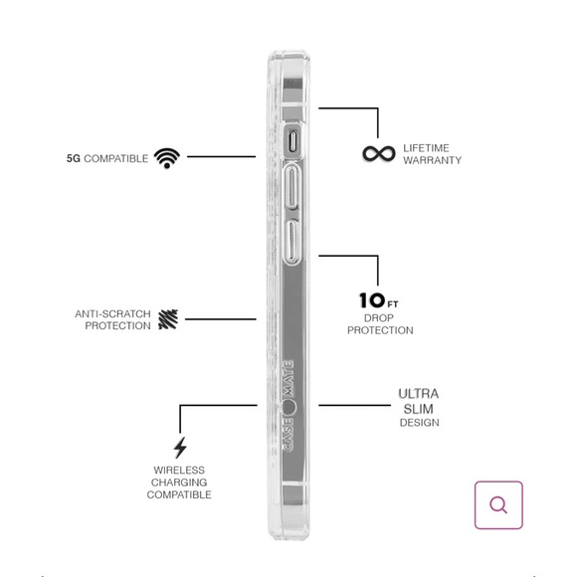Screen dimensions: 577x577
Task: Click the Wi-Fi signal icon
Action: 167,158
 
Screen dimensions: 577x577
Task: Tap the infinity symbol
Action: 379,153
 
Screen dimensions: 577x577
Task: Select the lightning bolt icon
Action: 180,448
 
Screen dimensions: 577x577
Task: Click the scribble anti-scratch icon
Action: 168,319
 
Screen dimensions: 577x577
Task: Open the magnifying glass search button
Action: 498,505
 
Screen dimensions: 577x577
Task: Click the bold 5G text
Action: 74,158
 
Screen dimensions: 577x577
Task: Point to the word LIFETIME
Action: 426,148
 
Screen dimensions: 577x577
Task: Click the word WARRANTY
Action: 433,160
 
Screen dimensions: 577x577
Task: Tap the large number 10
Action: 372,300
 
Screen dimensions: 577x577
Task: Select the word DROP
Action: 379,318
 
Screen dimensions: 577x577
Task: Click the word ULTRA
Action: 419,394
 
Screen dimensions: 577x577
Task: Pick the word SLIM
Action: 419,409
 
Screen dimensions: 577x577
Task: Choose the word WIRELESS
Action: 179,471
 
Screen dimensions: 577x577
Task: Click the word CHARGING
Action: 179,482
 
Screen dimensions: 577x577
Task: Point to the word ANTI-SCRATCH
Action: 113,314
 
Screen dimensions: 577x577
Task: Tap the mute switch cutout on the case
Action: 292,142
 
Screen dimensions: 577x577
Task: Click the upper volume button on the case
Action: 292,187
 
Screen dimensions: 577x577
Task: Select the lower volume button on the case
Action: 291,242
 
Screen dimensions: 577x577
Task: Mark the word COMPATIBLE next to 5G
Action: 116,158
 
